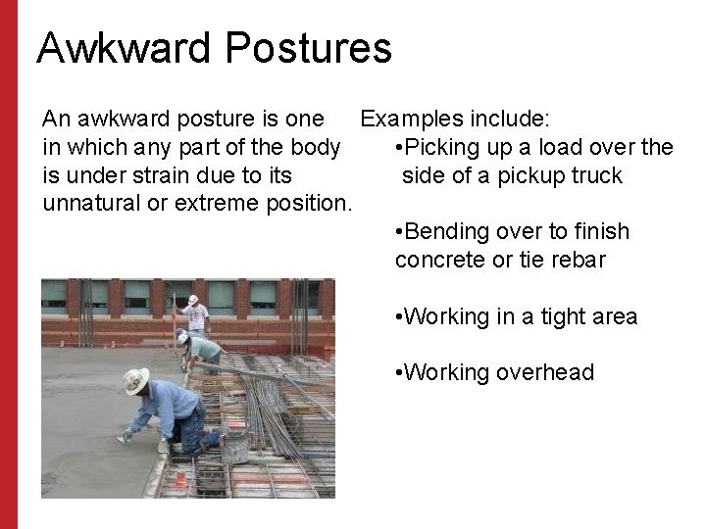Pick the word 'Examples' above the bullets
[404, 120]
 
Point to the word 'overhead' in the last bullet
[547, 373]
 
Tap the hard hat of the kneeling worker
[136, 380]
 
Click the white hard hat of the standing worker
[193, 300]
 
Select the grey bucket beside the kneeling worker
[234, 446]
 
